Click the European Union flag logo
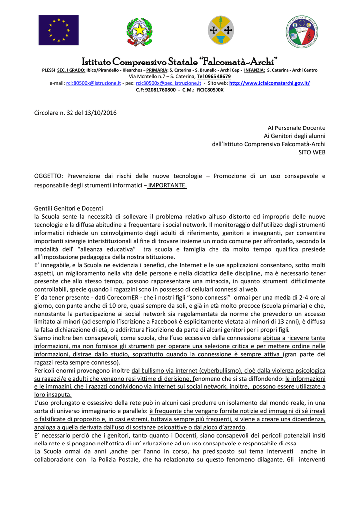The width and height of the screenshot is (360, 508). click(x=59, y=30)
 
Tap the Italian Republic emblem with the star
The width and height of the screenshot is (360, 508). click(x=139, y=32)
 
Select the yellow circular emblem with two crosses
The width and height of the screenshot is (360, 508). click(x=220, y=31)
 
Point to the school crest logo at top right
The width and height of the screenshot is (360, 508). click(x=302, y=31)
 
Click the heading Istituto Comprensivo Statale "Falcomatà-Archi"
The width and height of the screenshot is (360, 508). click(x=180, y=62)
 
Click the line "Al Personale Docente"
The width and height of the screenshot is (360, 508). click(x=296, y=127)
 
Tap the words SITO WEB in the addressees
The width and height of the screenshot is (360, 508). click(x=312, y=152)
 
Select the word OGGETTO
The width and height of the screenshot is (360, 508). click(x=48, y=176)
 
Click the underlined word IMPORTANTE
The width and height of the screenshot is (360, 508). click(x=167, y=185)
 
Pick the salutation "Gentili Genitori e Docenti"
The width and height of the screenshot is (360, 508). click(x=70, y=208)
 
